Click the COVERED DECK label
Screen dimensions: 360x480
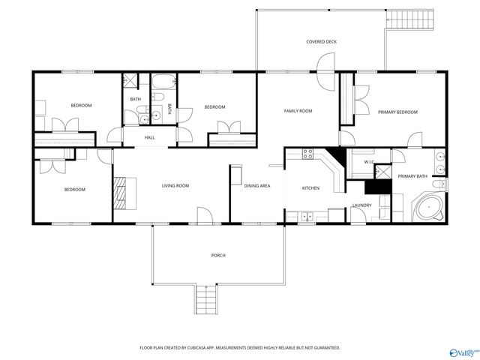pos(321,41)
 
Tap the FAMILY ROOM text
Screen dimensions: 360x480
pos(298,111)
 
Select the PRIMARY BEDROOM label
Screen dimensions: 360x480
pos(397,112)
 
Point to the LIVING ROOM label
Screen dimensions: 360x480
pos(175,185)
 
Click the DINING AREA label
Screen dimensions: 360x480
pos(257,185)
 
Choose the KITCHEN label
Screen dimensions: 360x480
pos(310,187)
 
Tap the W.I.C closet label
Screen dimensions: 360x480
pos(369,161)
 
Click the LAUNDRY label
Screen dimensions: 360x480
pos(361,205)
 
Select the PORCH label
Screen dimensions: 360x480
pos(218,256)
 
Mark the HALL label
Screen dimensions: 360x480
pos(149,137)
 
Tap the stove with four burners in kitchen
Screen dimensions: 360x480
pos(307,154)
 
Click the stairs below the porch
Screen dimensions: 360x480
pos(205,302)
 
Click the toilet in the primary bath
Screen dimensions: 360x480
pos(442,184)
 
